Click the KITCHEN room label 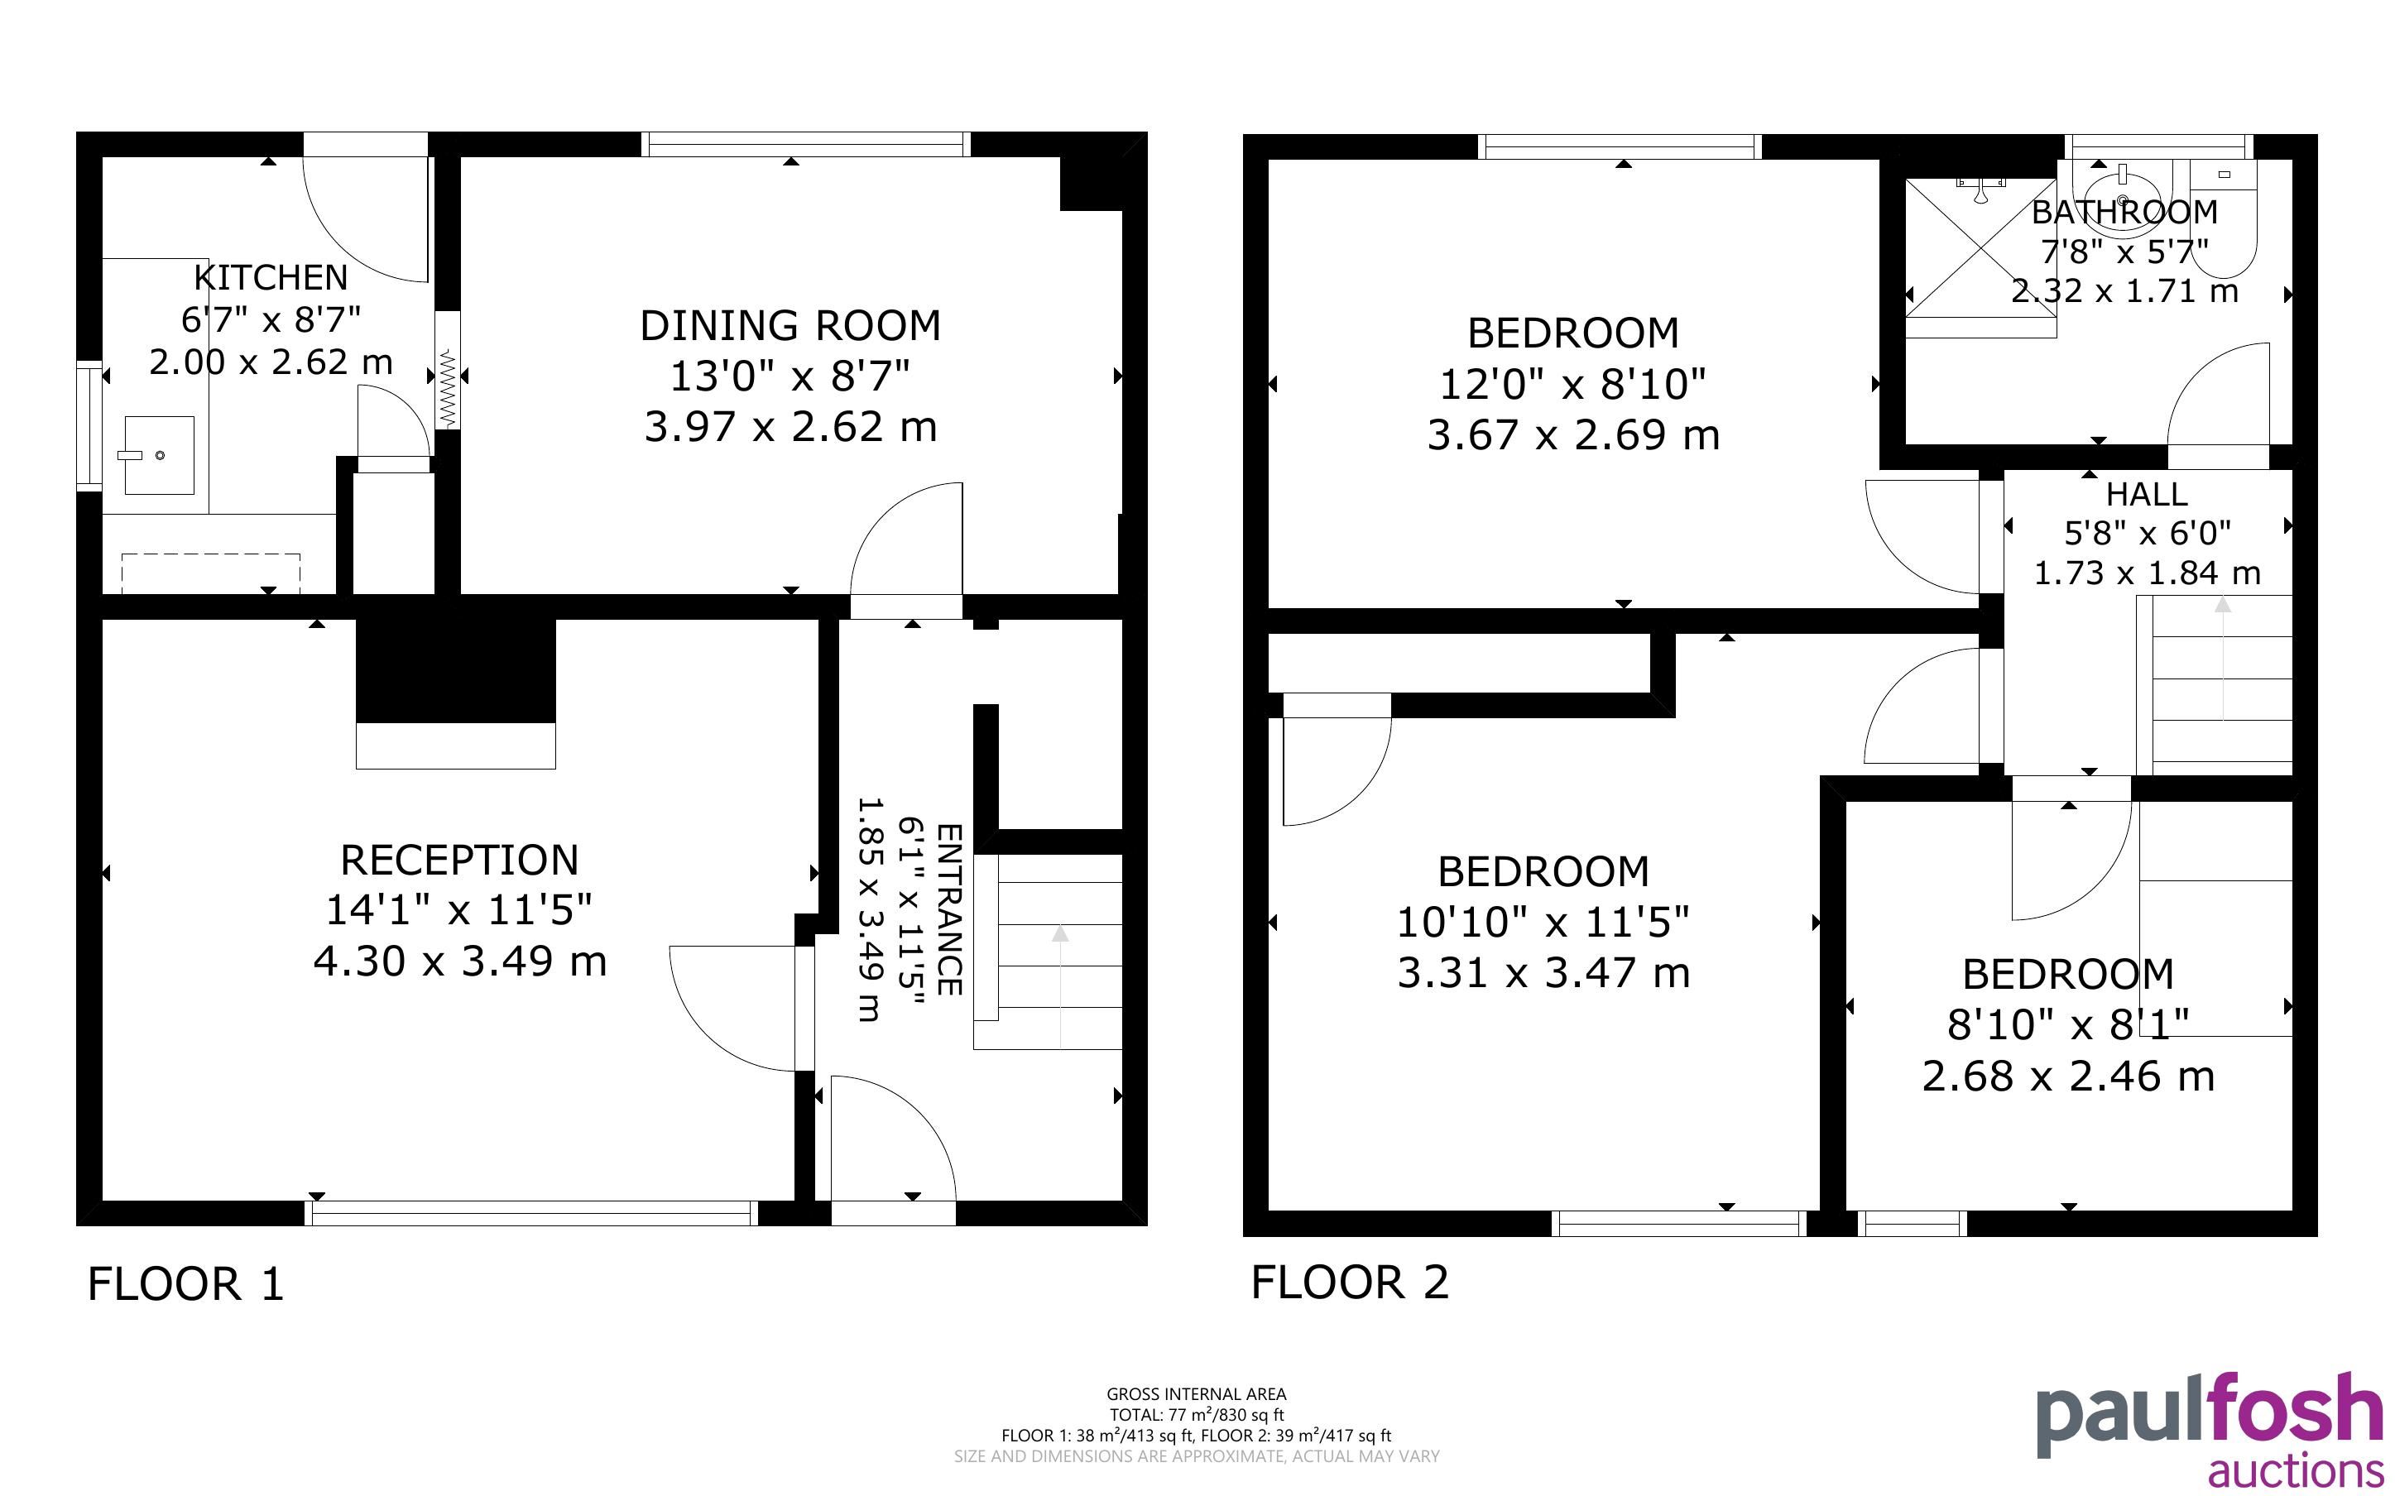tap(270, 278)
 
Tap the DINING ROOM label tap(790, 325)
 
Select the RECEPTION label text tap(459, 860)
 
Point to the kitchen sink tap(159, 455)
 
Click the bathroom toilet tap(2222, 218)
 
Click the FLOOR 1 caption tap(186, 1284)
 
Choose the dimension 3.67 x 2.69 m tap(1573, 435)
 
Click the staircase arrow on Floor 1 tap(1060, 985)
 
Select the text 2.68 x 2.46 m tap(2067, 1076)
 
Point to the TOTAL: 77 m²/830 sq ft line tap(1196, 1415)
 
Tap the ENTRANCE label tap(948, 909)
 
